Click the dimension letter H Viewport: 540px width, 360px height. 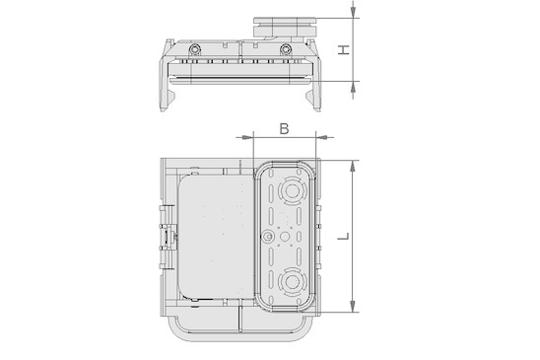pyautogui.click(x=343, y=49)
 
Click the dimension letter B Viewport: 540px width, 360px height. pyautogui.click(x=284, y=129)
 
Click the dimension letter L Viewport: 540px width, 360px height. pyautogui.click(x=343, y=236)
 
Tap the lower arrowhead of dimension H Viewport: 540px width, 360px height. pyautogui.click(x=353, y=88)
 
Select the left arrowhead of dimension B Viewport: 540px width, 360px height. pyautogui.click(x=246, y=137)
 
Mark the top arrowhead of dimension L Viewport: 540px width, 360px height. pyautogui.click(x=353, y=167)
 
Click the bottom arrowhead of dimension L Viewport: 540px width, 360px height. pyautogui.click(x=353, y=306)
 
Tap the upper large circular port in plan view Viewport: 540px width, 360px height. pyautogui.click(x=292, y=191)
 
